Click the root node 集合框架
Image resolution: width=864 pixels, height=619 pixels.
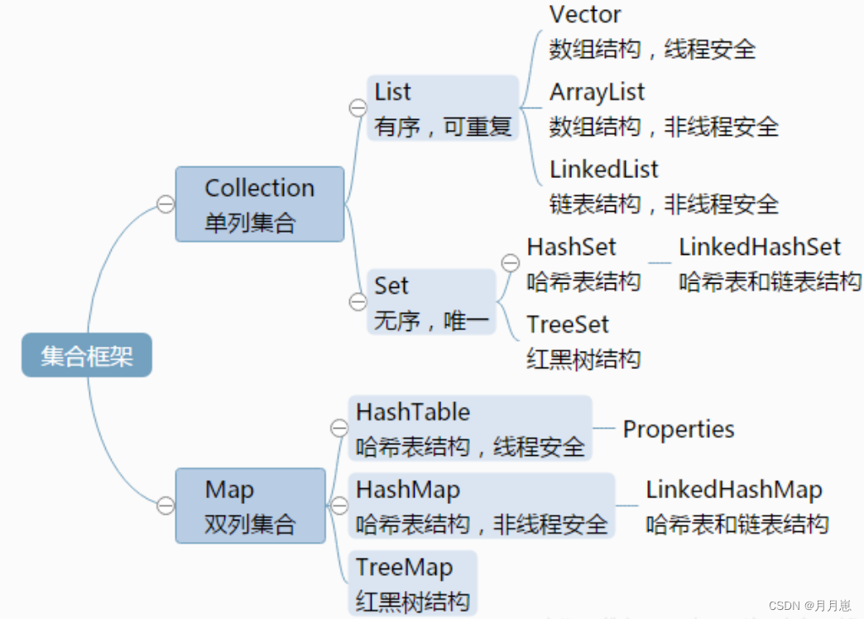tap(86, 356)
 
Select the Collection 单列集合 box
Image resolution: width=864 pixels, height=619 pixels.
tap(259, 204)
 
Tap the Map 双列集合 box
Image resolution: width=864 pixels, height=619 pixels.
tap(250, 506)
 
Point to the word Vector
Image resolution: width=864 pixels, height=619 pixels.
tap(585, 14)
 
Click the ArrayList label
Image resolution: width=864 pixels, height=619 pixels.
tap(597, 92)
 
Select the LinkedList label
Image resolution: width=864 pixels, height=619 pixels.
tap(603, 170)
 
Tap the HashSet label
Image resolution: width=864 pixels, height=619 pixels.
tap(571, 247)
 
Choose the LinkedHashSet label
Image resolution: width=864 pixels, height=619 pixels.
tap(759, 247)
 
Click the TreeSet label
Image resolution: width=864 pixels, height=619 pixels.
tap(568, 324)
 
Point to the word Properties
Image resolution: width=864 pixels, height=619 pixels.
tap(679, 429)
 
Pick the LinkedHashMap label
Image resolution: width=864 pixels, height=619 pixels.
tap(734, 489)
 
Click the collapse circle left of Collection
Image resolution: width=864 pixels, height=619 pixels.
tap(166, 204)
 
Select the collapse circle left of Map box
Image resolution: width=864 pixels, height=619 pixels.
tap(166, 505)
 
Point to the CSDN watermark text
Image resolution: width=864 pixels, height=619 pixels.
tap(809, 606)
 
